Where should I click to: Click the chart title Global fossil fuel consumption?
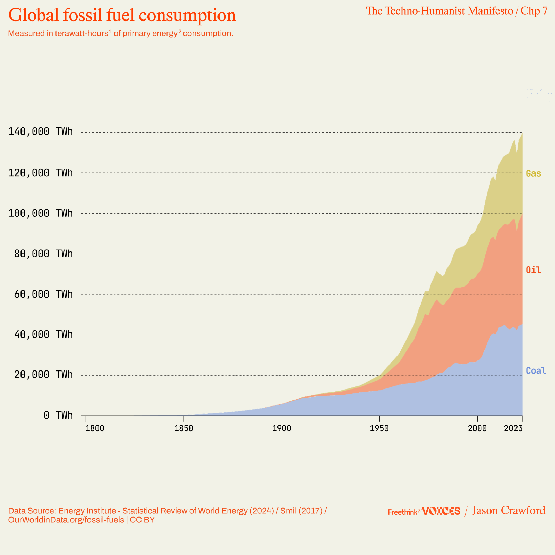click(x=122, y=15)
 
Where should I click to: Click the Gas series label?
click(x=533, y=173)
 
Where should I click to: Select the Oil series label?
click(x=533, y=270)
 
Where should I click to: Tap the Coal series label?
click(x=536, y=370)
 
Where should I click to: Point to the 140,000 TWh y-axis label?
click(x=41, y=131)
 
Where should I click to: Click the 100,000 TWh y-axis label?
click(x=41, y=213)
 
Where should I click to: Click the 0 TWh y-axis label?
click(x=58, y=415)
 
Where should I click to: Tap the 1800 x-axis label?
click(x=94, y=428)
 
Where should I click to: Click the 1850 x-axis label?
click(x=184, y=428)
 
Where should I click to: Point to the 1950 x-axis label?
click(x=379, y=428)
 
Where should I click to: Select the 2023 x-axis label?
click(x=513, y=428)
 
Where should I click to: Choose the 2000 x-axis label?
click(x=477, y=428)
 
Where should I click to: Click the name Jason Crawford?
click(x=509, y=511)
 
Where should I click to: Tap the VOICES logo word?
click(x=441, y=511)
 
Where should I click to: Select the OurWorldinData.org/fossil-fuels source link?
click(x=66, y=520)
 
